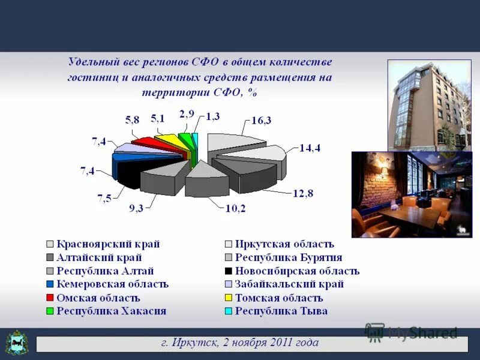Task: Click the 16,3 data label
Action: tap(261, 121)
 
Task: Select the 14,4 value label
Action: tap(310, 149)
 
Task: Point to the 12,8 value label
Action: tap(303, 193)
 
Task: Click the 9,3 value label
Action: tap(136, 209)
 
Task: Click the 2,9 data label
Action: tap(187, 113)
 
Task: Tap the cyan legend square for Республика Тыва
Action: tap(229, 311)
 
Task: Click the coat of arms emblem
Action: tap(17, 343)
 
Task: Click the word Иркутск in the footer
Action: tap(190, 343)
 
